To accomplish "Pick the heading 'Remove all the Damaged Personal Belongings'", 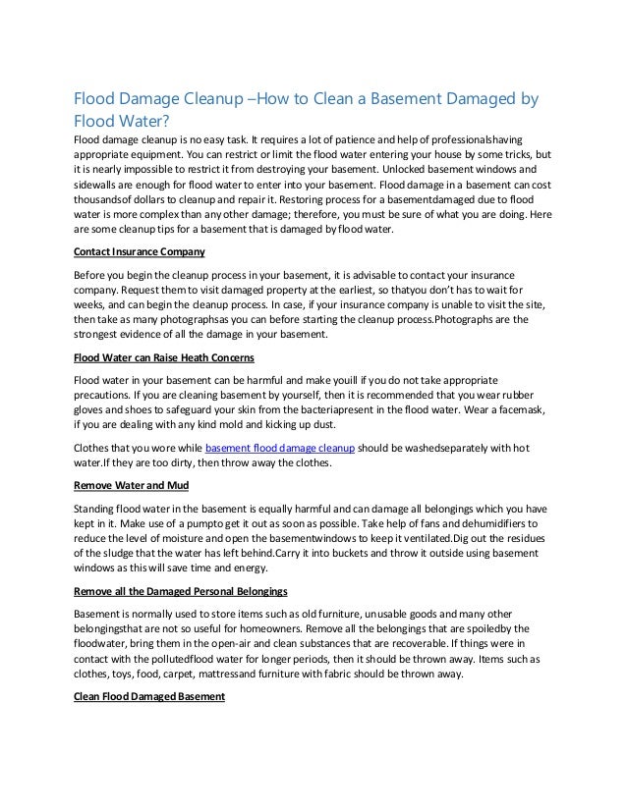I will click(181, 591).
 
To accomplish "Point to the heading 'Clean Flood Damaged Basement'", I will click(150, 697).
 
